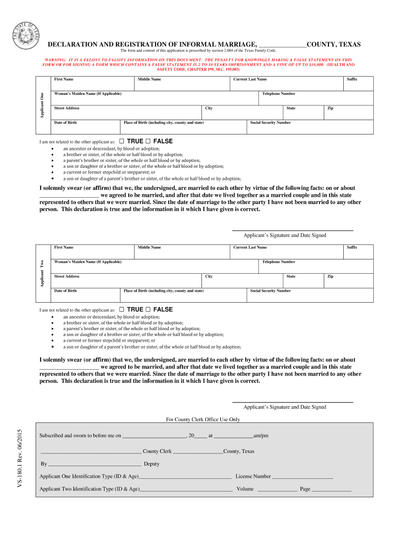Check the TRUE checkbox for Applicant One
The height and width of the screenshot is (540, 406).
(x=122, y=141)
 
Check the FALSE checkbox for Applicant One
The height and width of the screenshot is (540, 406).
(x=148, y=141)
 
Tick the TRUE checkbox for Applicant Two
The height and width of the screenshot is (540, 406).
(x=122, y=309)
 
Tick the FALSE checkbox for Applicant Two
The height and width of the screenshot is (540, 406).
(x=148, y=309)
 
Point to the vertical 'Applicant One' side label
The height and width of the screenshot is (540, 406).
(x=42, y=105)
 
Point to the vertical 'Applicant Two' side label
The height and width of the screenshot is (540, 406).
(x=42, y=273)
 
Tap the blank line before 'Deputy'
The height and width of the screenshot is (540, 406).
(x=95, y=465)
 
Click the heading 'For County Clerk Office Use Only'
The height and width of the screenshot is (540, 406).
(x=203, y=419)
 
